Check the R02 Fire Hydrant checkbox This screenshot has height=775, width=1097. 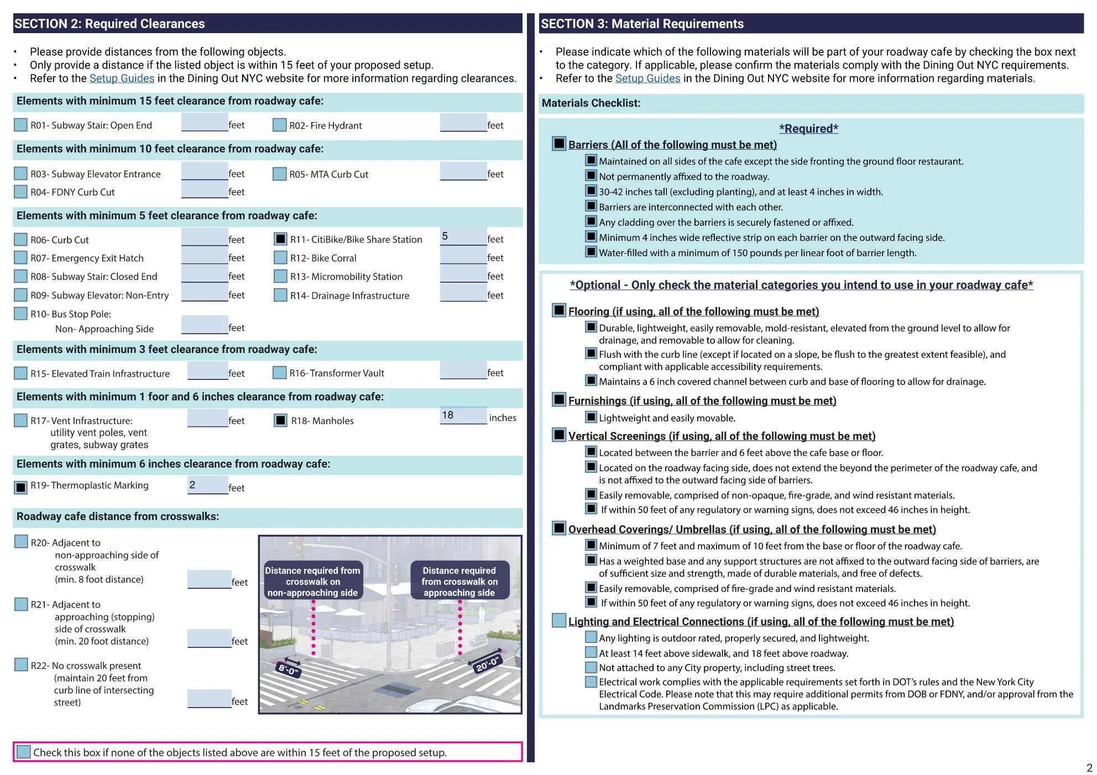pyautogui.click(x=279, y=125)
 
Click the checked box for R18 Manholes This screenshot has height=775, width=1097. pyautogui.click(x=280, y=420)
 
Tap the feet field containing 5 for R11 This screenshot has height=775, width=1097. pyautogui.click(x=463, y=236)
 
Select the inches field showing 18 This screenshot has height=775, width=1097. pyautogui.click(x=463, y=415)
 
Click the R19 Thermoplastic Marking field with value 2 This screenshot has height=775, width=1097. pyautogui.click(x=207, y=485)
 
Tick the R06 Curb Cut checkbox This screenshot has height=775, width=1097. pyautogui.click(x=20, y=239)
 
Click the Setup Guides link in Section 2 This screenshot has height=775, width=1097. pyautogui.click(x=122, y=78)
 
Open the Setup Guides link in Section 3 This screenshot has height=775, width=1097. pyautogui.click(x=647, y=78)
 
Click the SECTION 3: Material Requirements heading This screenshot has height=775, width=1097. pyautogui.click(x=642, y=24)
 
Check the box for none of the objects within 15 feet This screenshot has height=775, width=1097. pyautogui.click(x=23, y=752)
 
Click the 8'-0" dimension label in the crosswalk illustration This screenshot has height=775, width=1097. pyautogui.click(x=288, y=669)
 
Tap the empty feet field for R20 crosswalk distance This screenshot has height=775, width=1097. pyautogui.click(x=209, y=579)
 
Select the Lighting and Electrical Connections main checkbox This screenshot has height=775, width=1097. pyautogui.click(x=559, y=620)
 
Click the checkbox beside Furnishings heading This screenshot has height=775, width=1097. pyautogui.click(x=559, y=400)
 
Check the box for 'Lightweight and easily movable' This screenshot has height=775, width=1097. pyautogui.click(x=591, y=417)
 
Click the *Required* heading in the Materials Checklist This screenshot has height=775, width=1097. pyautogui.click(x=808, y=129)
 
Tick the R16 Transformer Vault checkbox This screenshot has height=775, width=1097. pyautogui.click(x=279, y=373)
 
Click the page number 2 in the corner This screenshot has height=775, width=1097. pyautogui.click(x=1089, y=767)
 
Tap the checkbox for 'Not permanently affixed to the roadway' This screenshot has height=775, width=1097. pyautogui.click(x=591, y=176)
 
